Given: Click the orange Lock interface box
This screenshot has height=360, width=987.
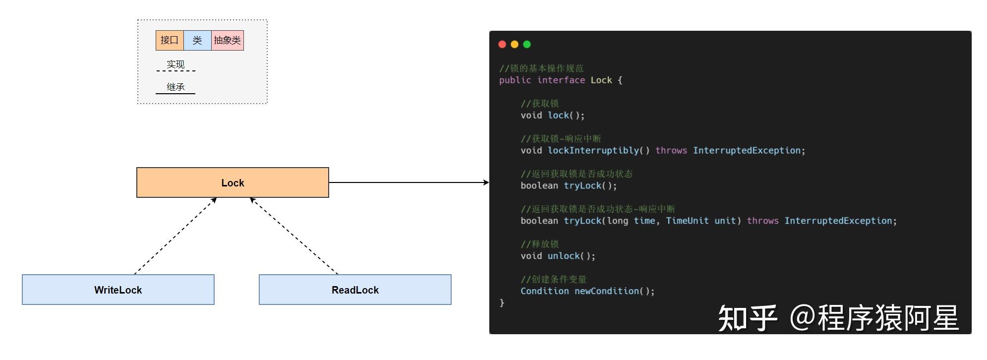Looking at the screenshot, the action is tap(232, 182).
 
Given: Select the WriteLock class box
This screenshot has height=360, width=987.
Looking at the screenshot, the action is tap(118, 290).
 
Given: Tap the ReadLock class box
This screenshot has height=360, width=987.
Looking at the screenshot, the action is tap(355, 290).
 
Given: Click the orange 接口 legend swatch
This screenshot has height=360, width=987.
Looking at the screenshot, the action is tap(170, 40).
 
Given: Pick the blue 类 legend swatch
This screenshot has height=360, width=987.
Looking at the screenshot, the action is tap(197, 40).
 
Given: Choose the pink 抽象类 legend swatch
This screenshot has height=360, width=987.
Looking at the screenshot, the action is tap(228, 40).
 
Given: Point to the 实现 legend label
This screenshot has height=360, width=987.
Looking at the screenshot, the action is tap(175, 64).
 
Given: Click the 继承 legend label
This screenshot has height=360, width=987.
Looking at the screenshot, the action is tap(175, 87).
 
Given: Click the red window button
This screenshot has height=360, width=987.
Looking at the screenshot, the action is tap(502, 44).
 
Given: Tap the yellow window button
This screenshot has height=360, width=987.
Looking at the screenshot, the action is tap(515, 44).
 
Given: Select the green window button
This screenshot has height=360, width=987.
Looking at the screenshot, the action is tap(527, 44).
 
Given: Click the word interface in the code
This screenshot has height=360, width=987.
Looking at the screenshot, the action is tap(561, 80).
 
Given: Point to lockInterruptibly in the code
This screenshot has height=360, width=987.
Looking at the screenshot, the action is tap(593, 150).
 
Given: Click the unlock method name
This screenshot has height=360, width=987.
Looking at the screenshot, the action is tap(564, 256).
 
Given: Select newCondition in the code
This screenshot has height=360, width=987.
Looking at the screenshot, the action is tap(607, 291).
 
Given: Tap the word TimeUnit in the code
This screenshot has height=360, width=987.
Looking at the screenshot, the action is tap(687, 221).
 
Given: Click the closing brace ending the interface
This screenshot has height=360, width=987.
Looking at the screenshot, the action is tap(502, 302).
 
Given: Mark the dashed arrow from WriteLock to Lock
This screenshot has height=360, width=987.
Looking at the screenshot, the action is tap(175, 236).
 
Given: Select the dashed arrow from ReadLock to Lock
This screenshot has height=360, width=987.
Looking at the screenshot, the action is tap(294, 236).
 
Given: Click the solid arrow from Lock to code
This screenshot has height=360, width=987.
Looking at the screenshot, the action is tap(409, 182).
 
